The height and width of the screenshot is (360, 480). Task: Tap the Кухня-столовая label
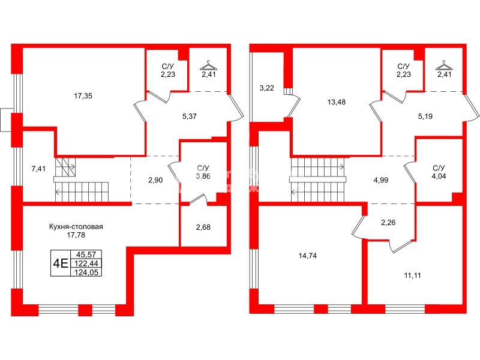point(76,226)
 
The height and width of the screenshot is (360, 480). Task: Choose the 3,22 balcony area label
point(266,88)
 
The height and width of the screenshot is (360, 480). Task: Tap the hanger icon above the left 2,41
point(208,64)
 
